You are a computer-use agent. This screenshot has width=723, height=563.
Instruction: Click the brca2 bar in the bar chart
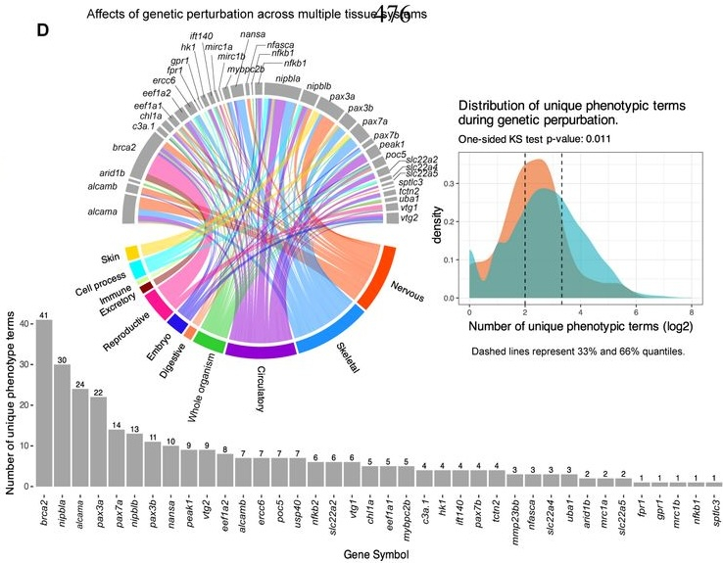[x=44, y=403]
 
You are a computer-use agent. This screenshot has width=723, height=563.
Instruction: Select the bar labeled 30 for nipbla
[x=62, y=426]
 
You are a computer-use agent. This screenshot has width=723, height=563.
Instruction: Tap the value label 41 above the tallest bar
[x=44, y=315]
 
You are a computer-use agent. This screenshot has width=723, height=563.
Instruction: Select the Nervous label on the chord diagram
[x=408, y=298]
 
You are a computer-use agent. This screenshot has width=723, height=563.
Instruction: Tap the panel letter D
[x=42, y=29]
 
